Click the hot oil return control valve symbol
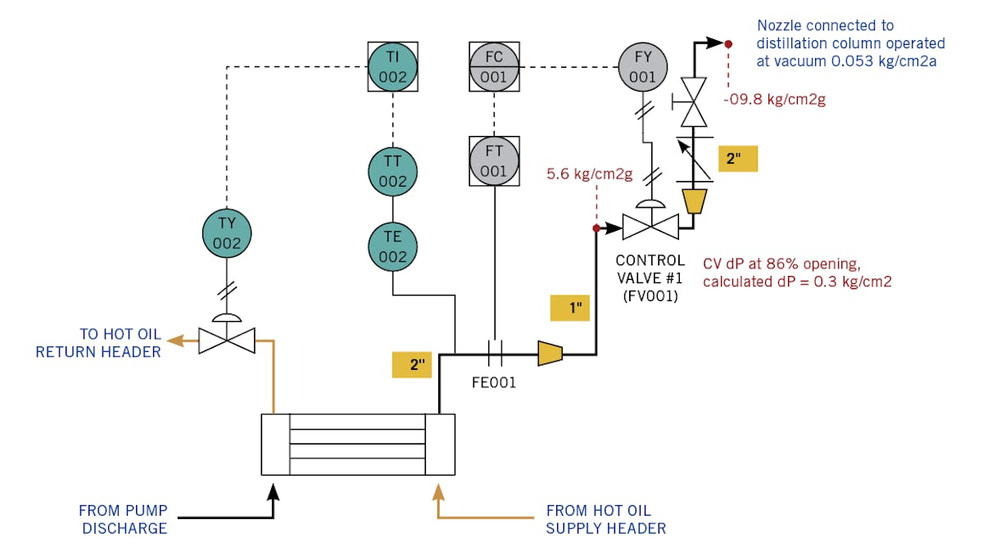[x=227, y=340]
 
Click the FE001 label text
[x=494, y=382]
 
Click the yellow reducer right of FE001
[x=550, y=354]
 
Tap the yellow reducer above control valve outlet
[x=694, y=201]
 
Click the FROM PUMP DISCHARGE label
[x=123, y=517]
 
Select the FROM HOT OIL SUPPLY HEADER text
[x=605, y=517]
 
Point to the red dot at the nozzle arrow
[x=727, y=43]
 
